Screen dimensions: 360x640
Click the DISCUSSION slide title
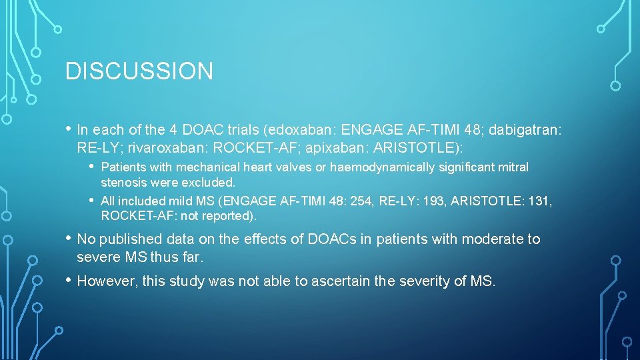[x=139, y=71]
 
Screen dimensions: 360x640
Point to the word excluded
[x=213, y=182]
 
